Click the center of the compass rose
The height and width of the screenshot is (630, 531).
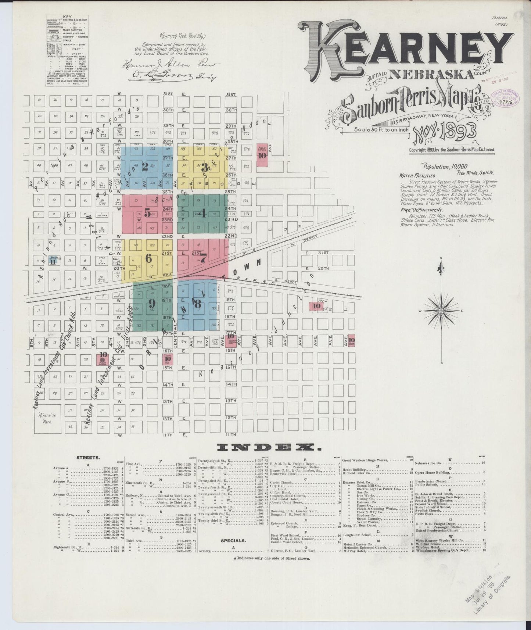[x=441, y=311]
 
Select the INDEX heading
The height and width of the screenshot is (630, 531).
[x=267, y=447]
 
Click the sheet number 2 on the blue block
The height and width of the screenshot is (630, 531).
[x=145, y=167]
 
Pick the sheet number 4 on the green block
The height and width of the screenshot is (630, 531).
[x=202, y=213]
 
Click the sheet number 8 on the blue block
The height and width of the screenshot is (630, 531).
[x=198, y=304]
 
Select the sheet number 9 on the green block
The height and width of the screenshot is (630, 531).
[x=151, y=303]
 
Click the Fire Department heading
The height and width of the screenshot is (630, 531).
[x=418, y=210]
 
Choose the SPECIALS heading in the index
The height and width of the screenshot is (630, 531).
[x=233, y=541]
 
